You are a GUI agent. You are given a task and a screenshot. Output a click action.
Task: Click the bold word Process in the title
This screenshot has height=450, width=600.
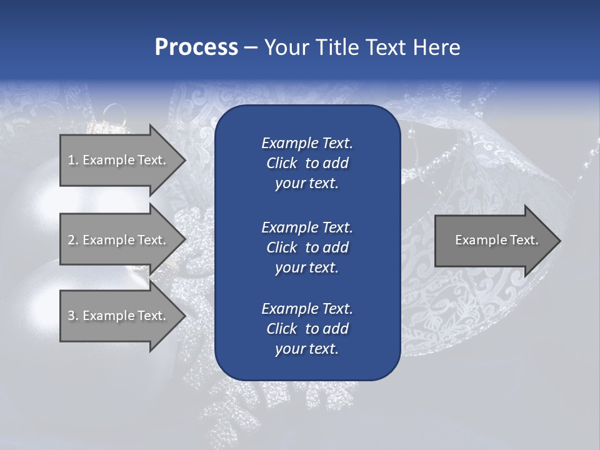(196, 47)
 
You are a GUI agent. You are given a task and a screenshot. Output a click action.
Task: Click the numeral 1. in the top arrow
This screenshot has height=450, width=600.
(73, 160)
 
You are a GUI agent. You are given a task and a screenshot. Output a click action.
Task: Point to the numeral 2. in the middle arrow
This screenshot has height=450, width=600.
(73, 240)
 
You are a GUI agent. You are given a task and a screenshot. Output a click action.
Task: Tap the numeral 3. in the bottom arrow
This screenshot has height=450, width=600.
(73, 316)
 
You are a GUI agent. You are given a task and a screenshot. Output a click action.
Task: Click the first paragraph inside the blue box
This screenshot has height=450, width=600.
(307, 163)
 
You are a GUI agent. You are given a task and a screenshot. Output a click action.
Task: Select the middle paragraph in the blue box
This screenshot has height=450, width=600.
(307, 247)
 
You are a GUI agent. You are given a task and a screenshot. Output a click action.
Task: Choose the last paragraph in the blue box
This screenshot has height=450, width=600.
(307, 329)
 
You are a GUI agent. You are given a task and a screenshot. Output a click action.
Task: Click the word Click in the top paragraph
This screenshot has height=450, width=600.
(281, 163)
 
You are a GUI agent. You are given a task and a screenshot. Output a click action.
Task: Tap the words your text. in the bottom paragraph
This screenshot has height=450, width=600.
(307, 349)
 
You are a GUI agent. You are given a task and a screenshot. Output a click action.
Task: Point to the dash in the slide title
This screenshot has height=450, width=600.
(251, 47)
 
